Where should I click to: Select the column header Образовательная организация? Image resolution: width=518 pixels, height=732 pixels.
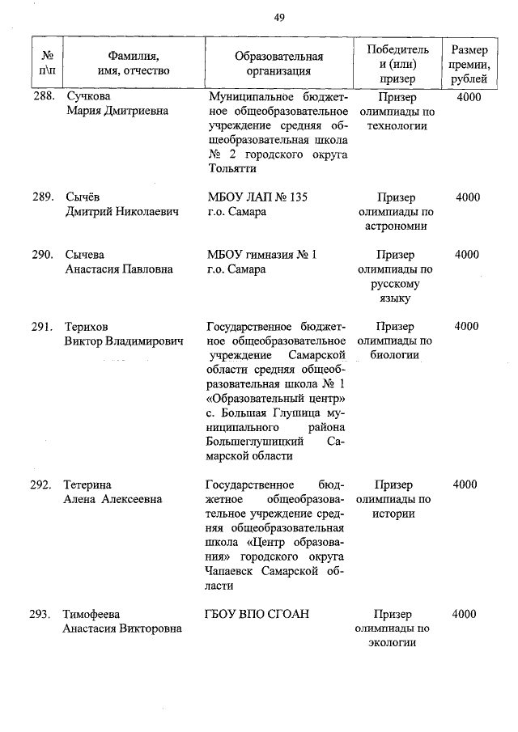(x=278, y=63)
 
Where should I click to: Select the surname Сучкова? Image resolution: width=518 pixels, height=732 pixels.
(x=89, y=97)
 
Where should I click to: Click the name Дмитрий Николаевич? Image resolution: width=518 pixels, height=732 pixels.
(x=121, y=212)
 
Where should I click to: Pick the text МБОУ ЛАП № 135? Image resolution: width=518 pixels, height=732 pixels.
(x=257, y=197)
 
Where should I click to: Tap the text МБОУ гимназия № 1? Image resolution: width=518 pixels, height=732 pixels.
(x=261, y=255)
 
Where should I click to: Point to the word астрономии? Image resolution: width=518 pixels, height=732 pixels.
(x=394, y=226)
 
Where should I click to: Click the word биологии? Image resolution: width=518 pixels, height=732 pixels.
(x=394, y=355)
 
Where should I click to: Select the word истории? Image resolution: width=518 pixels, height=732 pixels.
(x=394, y=514)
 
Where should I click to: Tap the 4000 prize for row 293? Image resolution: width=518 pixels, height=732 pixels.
(x=465, y=615)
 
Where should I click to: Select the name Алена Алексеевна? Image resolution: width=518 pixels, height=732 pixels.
(x=113, y=499)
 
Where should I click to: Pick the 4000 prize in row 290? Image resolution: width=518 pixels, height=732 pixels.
(x=467, y=255)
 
